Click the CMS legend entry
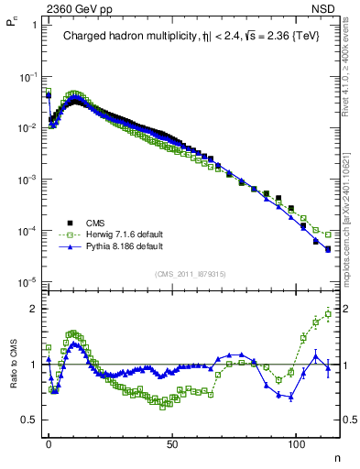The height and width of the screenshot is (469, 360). point(94,223)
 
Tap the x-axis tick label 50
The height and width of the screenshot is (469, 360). point(172,443)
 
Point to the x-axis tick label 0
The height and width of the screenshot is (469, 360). point(48,443)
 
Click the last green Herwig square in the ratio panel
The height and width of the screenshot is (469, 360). point(327,313)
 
